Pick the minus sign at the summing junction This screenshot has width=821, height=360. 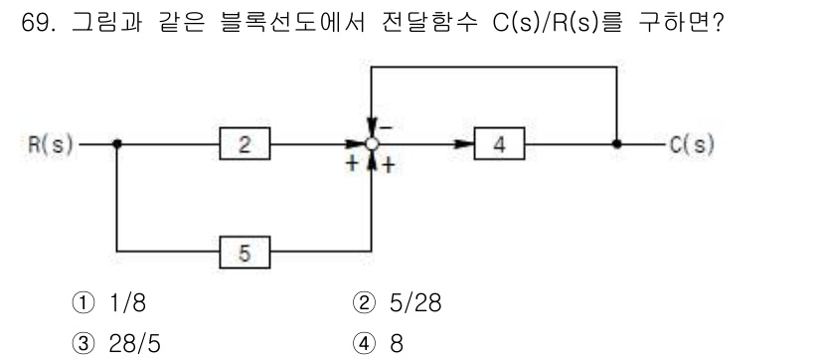[386, 127]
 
